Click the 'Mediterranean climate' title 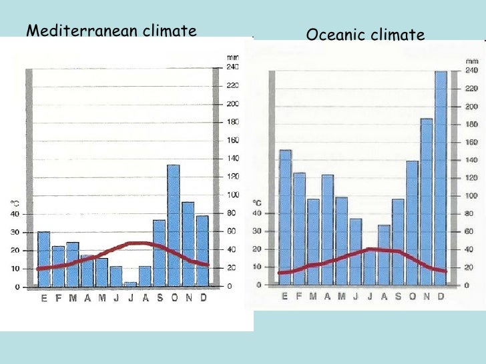coord(111,31)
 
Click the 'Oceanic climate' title coord(365,35)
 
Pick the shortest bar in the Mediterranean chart coord(130,285)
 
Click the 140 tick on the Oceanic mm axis coord(470,160)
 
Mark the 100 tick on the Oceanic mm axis coord(470,196)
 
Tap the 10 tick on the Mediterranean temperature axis coord(14,269)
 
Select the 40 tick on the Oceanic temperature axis coord(256,213)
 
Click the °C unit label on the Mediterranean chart coord(14,203)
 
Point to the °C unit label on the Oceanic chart coord(256,203)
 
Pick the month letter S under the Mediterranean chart coord(160,298)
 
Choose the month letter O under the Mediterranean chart coord(174,298)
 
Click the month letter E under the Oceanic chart coord(285,296)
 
